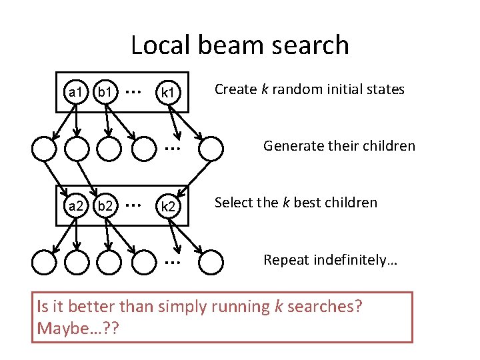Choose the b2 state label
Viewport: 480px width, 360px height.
(x=104, y=206)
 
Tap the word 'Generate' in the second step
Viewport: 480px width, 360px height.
(x=291, y=145)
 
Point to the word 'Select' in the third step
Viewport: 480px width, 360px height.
(x=233, y=202)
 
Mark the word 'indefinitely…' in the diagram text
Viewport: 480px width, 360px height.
(x=356, y=259)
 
